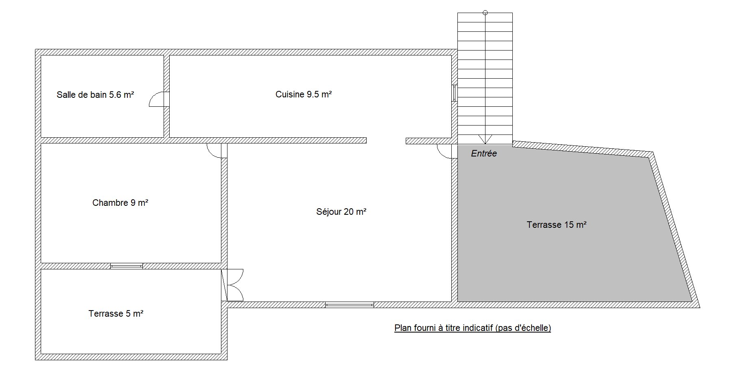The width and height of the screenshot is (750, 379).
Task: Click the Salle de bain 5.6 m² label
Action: (95, 95)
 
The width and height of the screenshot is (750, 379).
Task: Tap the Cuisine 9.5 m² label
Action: (304, 95)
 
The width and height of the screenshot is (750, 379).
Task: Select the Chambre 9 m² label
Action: (120, 203)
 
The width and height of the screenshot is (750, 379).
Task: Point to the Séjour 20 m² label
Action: (341, 212)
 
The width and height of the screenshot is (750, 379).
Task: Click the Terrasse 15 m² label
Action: (556, 225)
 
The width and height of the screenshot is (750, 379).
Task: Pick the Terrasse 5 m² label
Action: (116, 314)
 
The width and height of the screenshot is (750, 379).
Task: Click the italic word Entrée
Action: (484, 154)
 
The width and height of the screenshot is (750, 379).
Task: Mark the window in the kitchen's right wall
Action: (455, 93)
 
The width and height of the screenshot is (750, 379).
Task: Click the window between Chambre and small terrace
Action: (127, 266)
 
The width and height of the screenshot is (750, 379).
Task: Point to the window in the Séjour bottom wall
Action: (350, 304)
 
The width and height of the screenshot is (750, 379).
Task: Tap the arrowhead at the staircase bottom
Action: (485, 139)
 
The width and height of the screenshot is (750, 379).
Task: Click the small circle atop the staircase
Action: (485, 13)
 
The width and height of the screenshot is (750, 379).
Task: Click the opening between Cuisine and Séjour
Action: (386, 141)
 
